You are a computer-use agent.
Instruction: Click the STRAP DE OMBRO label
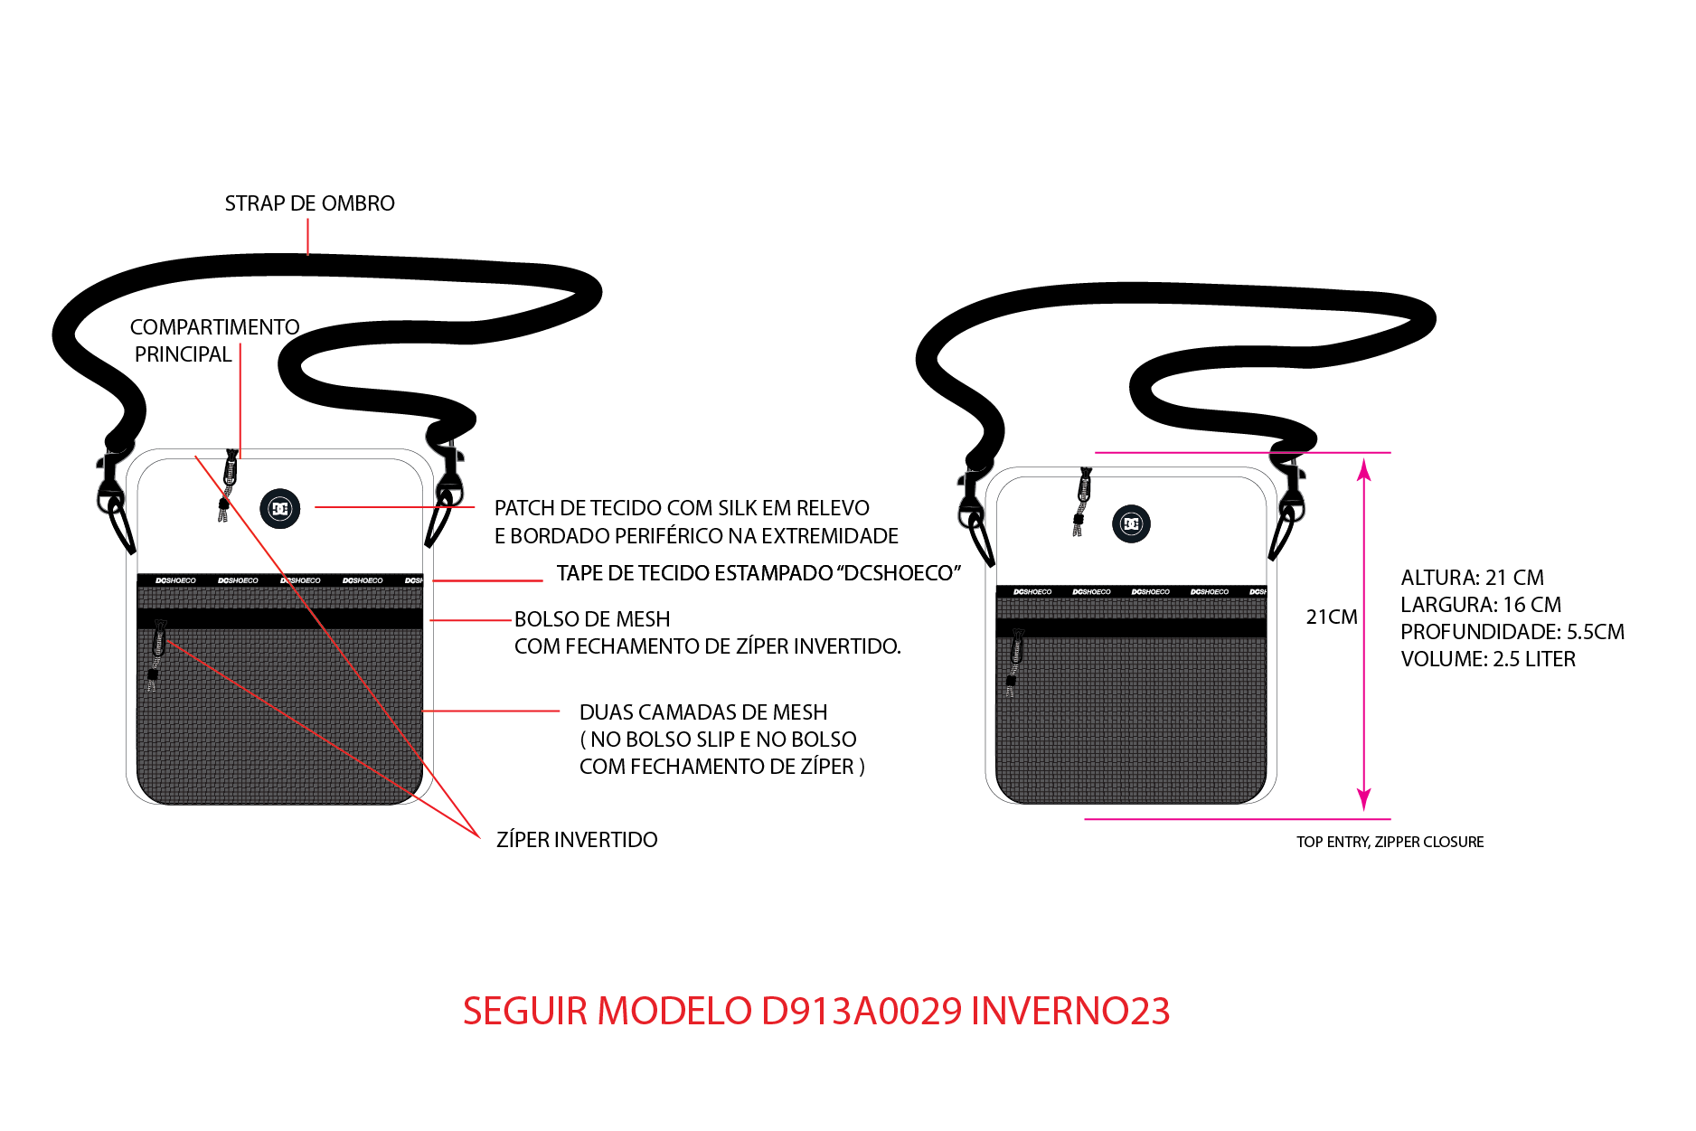point(309,203)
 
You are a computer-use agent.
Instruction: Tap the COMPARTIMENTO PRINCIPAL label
point(214,341)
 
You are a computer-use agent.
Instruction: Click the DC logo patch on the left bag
point(280,509)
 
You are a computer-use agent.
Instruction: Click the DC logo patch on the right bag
point(1131,523)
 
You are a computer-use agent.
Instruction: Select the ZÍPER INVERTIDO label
point(577,840)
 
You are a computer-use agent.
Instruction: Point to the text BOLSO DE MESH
point(592,619)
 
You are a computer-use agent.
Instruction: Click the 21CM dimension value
point(1332,617)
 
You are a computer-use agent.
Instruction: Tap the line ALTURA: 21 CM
point(1472,578)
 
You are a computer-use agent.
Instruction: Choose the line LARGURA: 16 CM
point(1481,605)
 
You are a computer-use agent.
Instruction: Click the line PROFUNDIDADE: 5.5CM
point(1512,632)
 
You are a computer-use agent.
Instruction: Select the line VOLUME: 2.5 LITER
point(1488,659)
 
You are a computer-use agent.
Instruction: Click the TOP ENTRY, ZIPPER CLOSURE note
point(1390,842)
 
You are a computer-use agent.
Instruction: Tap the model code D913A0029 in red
point(862,1011)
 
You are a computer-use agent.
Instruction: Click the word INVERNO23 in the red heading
point(1070,1011)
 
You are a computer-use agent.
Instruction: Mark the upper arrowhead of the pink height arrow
point(1364,468)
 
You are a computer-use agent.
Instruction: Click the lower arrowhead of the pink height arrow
point(1364,800)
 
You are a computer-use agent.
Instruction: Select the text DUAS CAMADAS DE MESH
point(703,712)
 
